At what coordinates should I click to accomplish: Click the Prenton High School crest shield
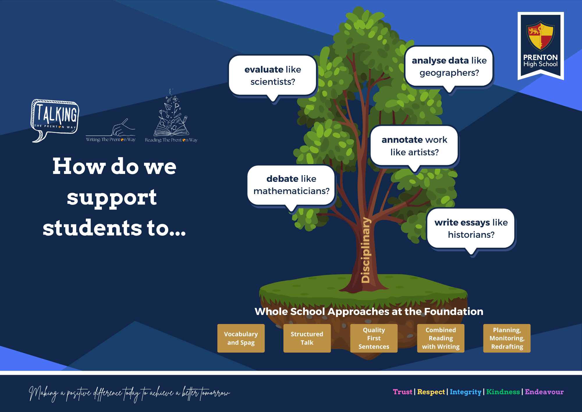pyautogui.click(x=540, y=36)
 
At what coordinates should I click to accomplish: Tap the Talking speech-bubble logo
pyautogui.click(x=55, y=118)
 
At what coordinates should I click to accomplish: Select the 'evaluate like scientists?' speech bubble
pyautogui.click(x=273, y=75)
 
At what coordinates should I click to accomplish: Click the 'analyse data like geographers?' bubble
pyautogui.click(x=449, y=66)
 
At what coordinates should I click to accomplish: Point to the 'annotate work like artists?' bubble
pyautogui.click(x=414, y=146)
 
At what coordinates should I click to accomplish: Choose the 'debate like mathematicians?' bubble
pyautogui.click(x=291, y=185)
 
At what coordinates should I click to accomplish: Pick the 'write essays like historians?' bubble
pyautogui.click(x=471, y=228)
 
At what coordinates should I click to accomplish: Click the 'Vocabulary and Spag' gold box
pyautogui.click(x=241, y=338)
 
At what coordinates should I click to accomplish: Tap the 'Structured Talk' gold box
pyautogui.click(x=307, y=338)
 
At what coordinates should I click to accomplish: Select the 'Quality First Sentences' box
pyautogui.click(x=374, y=338)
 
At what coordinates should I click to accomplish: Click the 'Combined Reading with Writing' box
pyautogui.click(x=441, y=338)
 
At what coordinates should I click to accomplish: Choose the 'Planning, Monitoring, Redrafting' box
pyautogui.click(x=507, y=338)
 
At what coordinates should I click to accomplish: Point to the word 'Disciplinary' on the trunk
pyautogui.click(x=365, y=250)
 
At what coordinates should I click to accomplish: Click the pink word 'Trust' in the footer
pyautogui.click(x=402, y=392)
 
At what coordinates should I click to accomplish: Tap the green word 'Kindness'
pyautogui.click(x=503, y=392)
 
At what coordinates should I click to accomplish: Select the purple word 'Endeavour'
pyautogui.click(x=544, y=392)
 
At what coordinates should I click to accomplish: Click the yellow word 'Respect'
pyautogui.click(x=431, y=392)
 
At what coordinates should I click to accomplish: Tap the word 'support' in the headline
pyautogui.click(x=112, y=198)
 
